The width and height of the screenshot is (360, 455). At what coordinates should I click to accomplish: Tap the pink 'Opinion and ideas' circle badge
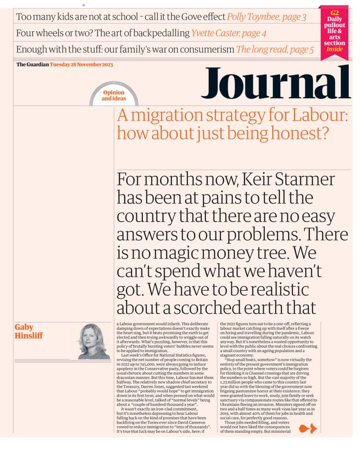coord(114,96)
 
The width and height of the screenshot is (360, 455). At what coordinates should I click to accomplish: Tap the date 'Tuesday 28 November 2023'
coord(82,64)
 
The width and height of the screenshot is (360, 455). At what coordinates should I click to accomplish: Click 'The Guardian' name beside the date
coord(32,64)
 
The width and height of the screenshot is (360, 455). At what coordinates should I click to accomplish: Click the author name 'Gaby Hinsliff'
coord(25,332)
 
